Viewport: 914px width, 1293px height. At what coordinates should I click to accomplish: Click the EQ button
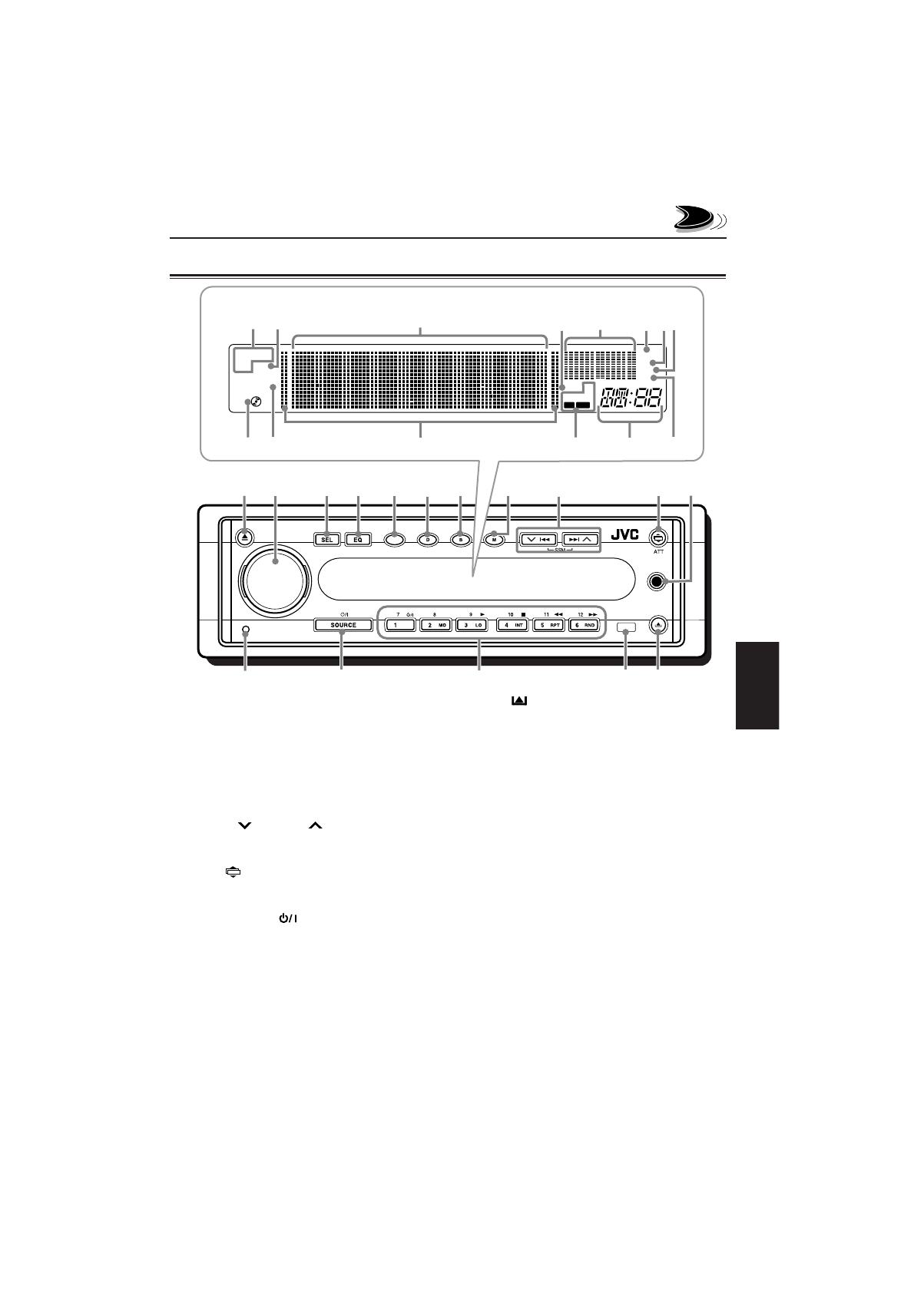(357, 539)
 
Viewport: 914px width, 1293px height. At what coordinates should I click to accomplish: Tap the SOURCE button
(343, 625)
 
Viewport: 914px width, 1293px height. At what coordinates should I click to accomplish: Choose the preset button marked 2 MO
(435, 625)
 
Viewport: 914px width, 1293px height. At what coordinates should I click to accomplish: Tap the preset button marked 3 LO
(472, 625)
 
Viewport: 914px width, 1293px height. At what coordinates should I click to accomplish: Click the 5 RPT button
(548, 625)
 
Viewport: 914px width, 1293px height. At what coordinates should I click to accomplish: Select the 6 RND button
(585, 625)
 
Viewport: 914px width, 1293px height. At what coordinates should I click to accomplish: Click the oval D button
(427, 539)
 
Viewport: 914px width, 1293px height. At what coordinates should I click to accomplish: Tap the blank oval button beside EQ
(393, 539)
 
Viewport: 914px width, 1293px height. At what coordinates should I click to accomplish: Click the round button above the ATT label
(659, 538)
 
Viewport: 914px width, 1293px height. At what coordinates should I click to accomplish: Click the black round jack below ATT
(657, 582)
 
